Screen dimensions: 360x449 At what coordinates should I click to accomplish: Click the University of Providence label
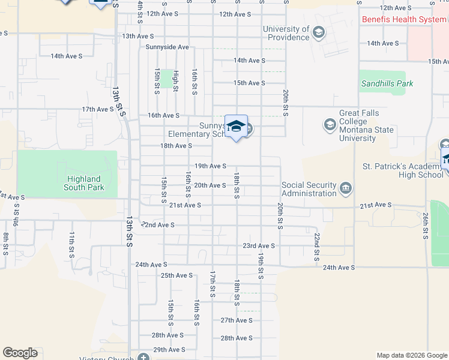point(286,34)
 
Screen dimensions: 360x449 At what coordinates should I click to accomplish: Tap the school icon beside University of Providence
point(319,32)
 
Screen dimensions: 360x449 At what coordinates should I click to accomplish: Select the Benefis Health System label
point(404,19)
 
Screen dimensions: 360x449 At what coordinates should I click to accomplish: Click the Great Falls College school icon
point(330,125)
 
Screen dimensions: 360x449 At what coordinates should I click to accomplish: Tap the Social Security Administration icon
point(346,189)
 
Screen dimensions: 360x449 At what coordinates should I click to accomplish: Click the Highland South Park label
point(84,183)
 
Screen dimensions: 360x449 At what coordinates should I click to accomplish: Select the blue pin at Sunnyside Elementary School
point(237,127)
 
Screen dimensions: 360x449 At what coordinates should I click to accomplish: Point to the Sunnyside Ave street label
point(167,47)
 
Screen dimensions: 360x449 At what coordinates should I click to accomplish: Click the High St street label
point(176,80)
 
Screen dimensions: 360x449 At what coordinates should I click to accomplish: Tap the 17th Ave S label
point(98,109)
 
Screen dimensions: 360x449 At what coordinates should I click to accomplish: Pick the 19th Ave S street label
point(210,166)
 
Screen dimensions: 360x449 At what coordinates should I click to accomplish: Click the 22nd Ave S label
point(158,225)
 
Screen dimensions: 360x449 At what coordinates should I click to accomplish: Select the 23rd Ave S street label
point(259,245)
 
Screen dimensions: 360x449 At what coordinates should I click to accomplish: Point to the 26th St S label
point(426,224)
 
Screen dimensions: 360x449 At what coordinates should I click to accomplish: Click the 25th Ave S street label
point(176,275)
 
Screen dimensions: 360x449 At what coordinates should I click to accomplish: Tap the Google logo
point(20,353)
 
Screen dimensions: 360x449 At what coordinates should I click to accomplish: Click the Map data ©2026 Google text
point(411,355)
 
